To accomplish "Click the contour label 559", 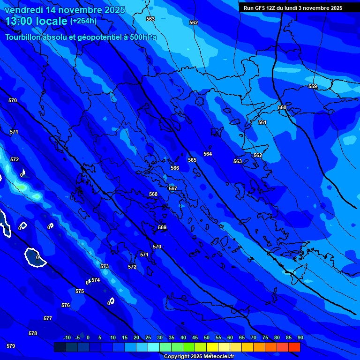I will pyautogui.click(x=313, y=87).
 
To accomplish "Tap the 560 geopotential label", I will pyautogui.click(x=282, y=108).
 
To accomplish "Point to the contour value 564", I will pyautogui.click(x=208, y=154).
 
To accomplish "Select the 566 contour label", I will pyautogui.click(x=175, y=168).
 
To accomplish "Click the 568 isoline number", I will pyautogui.click(x=153, y=195).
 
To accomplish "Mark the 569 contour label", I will pyautogui.click(x=162, y=228).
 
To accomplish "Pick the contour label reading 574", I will pyautogui.click(x=96, y=280).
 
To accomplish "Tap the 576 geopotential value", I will pyautogui.click(x=66, y=306).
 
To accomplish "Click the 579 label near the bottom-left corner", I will pyautogui.click(x=11, y=346).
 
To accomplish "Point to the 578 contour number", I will pyautogui.click(x=33, y=334).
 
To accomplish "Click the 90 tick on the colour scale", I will pyautogui.click(x=300, y=338).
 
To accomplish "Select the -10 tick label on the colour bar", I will pyautogui.click(x=67, y=338).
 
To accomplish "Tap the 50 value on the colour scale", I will pyautogui.click(x=207, y=338).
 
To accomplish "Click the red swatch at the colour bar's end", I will pyautogui.click(x=294, y=347).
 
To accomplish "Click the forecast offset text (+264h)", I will pyautogui.click(x=83, y=21).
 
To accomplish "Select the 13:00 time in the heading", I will pyautogui.click(x=20, y=21).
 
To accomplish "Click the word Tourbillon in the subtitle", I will pyautogui.click(x=25, y=37).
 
